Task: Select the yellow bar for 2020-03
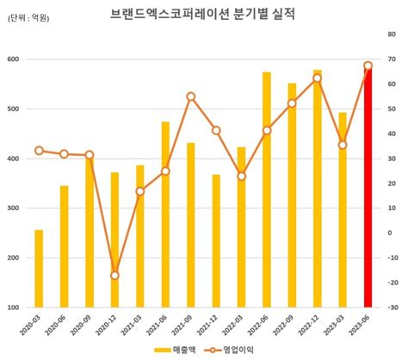tap(39, 268)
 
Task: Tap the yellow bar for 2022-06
tap(267, 189)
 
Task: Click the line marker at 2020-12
tap(114, 276)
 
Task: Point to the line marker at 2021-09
tap(190, 96)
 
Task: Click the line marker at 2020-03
tap(39, 151)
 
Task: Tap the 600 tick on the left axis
tap(14, 59)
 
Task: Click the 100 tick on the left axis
tap(14, 307)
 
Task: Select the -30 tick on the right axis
tap(393, 307)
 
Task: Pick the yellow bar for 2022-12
tap(318, 189)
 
